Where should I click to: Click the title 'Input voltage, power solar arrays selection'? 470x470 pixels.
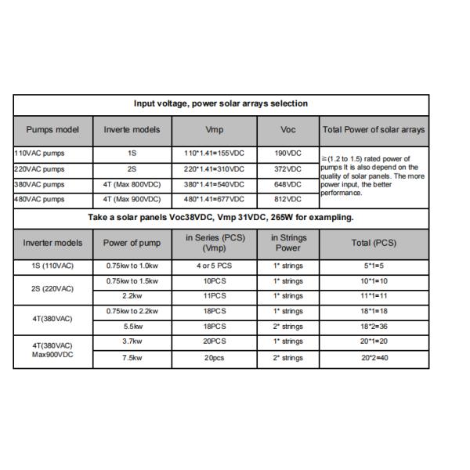(221, 103)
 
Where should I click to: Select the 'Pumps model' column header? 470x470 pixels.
(52, 128)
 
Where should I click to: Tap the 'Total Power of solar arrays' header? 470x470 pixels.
(373, 128)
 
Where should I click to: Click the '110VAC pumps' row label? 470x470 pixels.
(39, 154)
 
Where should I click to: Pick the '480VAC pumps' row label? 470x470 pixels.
(39, 199)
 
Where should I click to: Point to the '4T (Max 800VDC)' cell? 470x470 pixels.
(132, 184)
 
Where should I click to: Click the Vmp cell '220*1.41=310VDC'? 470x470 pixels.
(214, 169)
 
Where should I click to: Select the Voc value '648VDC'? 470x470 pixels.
(288, 184)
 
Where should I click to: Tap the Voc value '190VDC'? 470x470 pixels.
(288, 154)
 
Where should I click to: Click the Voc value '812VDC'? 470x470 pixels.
(288, 199)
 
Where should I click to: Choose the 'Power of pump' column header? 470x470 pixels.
(132, 242)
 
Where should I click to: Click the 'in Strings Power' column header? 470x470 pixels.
(288, 242)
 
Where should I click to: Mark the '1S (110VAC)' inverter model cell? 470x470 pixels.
(52, 266)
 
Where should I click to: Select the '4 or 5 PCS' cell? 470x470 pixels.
(214, 266)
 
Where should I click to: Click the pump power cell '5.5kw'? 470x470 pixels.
(132, 326)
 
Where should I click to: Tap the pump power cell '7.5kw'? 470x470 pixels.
(132, 357)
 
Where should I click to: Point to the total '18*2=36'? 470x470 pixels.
(373, 326)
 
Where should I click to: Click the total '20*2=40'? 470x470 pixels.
(373, 357)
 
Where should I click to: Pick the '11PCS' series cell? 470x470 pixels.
(214, 296)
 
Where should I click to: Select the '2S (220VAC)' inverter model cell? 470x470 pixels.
(52, 288)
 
